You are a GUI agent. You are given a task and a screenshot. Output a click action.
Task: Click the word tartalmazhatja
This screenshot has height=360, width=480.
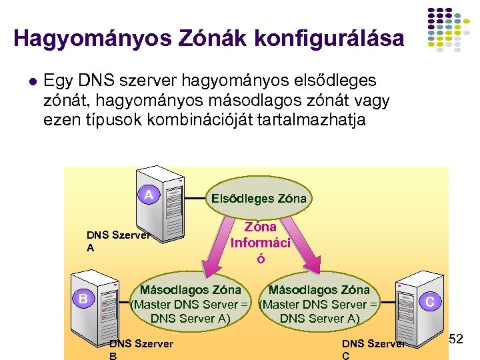tap(315, 121)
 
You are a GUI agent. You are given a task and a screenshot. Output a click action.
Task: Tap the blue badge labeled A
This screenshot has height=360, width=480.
tap(150, 195)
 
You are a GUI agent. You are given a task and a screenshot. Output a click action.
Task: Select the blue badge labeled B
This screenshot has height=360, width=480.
tap(83, 298)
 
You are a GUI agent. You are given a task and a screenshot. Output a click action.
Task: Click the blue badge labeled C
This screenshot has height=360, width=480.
tap(430, 302)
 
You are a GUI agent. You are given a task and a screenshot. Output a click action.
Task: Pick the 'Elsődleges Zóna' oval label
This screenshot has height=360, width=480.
tap(259, 198)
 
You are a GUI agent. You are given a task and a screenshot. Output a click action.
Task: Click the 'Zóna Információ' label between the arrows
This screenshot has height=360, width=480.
tap(261, 243)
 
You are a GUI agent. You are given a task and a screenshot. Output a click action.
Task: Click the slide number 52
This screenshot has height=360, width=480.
tap(455, 341)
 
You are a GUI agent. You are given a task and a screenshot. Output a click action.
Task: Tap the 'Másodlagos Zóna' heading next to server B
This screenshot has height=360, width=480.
tap(190, 290)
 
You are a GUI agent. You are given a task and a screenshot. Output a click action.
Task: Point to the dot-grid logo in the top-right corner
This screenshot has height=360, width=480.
tap(449, 30)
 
